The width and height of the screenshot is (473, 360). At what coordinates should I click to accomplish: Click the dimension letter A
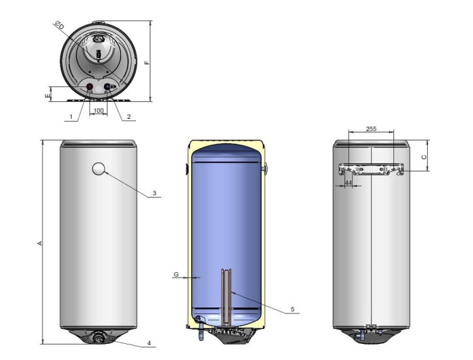[x=39, y=242]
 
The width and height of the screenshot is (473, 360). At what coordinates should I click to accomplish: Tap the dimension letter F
[x=147, y=62]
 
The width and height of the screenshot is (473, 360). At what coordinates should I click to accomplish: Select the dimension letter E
[x=47, y=96]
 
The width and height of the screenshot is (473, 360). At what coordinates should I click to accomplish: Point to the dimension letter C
[x=424, y=157]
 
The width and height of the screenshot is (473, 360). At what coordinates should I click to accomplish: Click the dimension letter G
[x=176, y=274]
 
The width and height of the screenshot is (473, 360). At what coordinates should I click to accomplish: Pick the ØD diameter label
[x=59, y=25]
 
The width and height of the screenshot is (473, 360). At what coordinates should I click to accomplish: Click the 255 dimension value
[x=371, y=129]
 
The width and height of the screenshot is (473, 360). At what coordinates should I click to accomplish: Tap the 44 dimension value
[x=349, y=183]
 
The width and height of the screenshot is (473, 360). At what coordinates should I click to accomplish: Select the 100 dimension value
[x=99, y=111]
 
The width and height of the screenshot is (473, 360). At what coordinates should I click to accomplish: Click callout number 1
[x=71, y=117]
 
